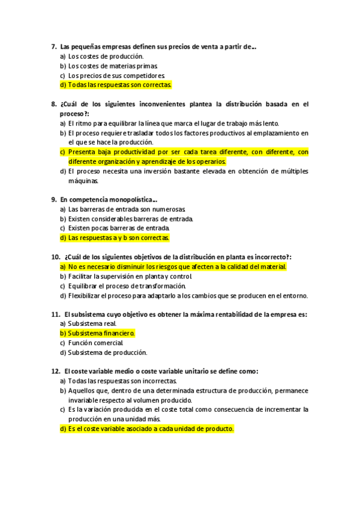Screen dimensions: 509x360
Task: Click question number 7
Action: (x=54, y=46)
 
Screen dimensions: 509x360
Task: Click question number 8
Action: (x=54, y=104)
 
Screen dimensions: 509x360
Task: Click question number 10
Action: (x=55, y=257)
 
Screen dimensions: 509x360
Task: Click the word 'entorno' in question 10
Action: (x=295, y=295)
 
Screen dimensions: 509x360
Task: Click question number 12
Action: (x=55, y=372)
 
